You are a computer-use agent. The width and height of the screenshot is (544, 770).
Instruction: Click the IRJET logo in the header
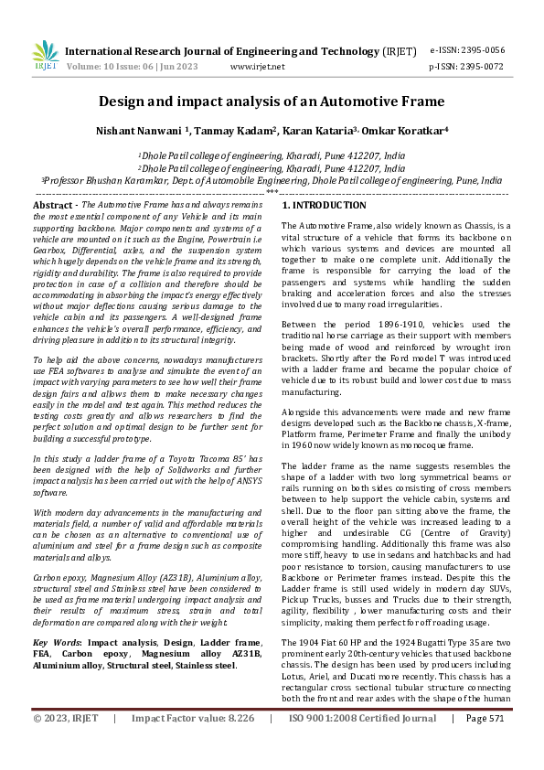pyautogui.click(x=45, y=57)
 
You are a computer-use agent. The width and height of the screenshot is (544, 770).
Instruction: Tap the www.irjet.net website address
pyautogui.click(x=258, y=67)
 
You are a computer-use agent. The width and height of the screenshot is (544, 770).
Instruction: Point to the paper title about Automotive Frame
pyautogui.click(x=272, y=102)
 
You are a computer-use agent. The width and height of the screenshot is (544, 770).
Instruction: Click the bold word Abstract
pyautogui.click(x=54, y=207)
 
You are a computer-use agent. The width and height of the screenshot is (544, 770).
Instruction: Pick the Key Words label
pyautogui.click(x=57, y=643)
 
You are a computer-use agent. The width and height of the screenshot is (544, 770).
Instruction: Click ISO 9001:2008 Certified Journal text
pyautogui.click(x=363, y=744)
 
